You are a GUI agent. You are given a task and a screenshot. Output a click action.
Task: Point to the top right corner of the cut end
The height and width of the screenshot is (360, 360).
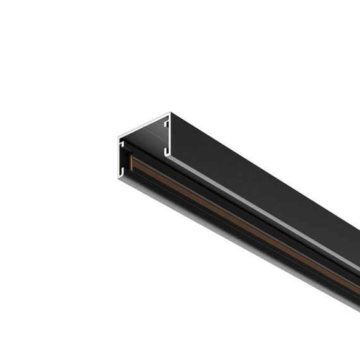[169, 114]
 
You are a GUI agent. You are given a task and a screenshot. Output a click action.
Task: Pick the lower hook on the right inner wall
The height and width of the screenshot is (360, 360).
[165, 151]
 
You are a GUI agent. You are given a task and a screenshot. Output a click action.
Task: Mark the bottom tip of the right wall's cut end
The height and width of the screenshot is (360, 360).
[169, 155]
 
